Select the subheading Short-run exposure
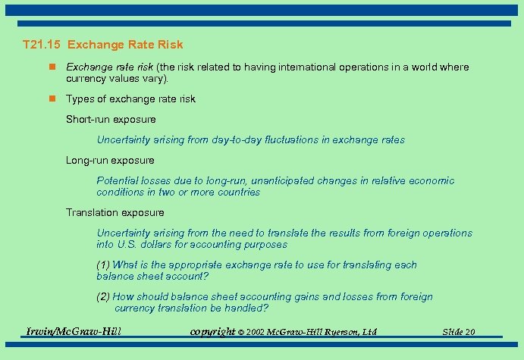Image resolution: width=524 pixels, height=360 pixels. (111, 119)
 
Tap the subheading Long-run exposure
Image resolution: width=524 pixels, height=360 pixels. (110, 160)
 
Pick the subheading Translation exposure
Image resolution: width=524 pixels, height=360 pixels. (115, 212)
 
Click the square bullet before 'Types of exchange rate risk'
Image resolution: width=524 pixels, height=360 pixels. (52, 99)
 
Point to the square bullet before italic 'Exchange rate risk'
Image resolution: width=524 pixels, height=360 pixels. (52, 67)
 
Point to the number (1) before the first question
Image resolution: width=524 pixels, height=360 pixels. (103, 265)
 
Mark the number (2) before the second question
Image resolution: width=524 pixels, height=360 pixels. (103, 296)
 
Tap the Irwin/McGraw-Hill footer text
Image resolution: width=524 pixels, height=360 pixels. (74, 331)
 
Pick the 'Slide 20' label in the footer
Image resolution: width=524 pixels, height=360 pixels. (459, 332)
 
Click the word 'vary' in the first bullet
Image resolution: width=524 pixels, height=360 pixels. (152, 78)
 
